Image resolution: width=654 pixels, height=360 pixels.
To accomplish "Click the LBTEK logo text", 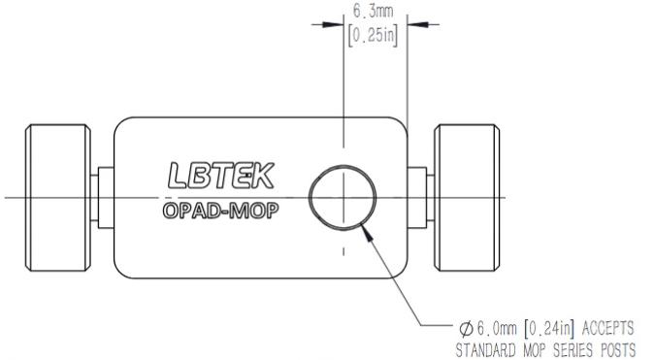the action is coord(221,176).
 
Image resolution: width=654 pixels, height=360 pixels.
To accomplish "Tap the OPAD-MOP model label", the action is coord(220,211).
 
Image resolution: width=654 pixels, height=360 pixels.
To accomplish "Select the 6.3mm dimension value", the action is coord(374,11).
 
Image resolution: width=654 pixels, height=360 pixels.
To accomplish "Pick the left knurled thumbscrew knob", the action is coord(58,198).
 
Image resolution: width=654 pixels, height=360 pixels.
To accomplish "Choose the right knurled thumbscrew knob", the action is coord(467,198).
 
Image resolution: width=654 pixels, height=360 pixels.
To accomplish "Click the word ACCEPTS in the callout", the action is coord(608,328).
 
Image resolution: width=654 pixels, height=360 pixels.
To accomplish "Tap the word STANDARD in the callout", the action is coord(485,349).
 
